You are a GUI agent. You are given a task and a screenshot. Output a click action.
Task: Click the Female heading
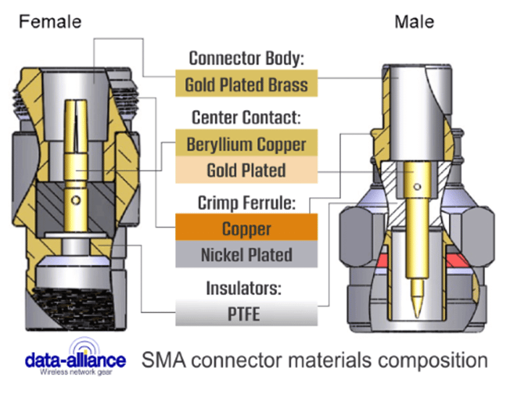click(x=49, y=21)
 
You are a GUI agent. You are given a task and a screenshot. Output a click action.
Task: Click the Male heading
click(x=414, y=21)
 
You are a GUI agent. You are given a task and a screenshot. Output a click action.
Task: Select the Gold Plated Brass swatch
click(x=246, y=84)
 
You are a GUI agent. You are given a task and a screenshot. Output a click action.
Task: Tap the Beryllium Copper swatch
click(x=246, y=143)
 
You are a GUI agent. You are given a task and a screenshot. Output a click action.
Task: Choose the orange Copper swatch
click(x=246, y=229)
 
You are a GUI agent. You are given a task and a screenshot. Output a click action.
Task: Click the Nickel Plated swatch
click(x=246, y=255)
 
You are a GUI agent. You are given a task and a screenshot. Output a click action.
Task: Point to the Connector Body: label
click(x=246, y=58)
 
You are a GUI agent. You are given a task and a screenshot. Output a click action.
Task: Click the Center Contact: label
click(x=246, y=117)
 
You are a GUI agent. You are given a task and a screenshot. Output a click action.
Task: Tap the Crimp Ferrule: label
click(x=246, y=202)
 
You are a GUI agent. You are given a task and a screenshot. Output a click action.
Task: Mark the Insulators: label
click(x=246, y=288)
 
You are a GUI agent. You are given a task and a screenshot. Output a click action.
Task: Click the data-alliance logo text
click(x=75, y=360)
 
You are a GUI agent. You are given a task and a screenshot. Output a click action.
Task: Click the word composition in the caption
click(x=433, y=359)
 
